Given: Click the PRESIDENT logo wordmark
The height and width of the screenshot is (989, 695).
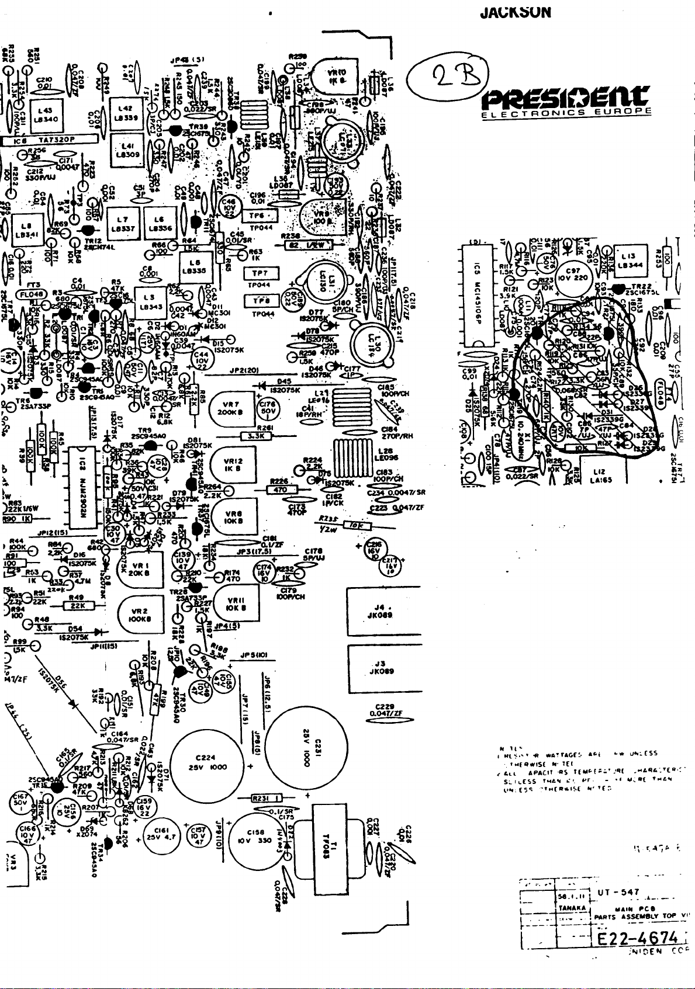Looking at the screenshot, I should click(x=565, y=98).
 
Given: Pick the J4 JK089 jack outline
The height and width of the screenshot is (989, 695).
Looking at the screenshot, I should click(x=384, y=611).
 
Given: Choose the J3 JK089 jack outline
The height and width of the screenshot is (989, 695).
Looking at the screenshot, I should click(x=384, y=667).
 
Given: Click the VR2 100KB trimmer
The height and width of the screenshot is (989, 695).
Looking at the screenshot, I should click(x=140, y=615).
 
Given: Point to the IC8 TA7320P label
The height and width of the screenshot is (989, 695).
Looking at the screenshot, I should click(x=50, y=140).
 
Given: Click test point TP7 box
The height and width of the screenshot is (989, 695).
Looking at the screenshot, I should click(x=260, y=273).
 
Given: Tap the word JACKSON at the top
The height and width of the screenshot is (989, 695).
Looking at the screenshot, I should click(x=515, y=12).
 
